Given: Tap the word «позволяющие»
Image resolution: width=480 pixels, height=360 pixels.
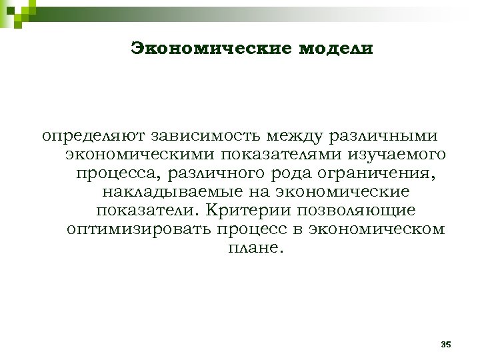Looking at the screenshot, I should click(x=354, y=211).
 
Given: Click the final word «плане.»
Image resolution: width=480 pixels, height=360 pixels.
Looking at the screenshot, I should click(x=251, y=248).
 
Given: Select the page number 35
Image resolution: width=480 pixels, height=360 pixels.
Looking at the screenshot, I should click(x=446, y=344).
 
